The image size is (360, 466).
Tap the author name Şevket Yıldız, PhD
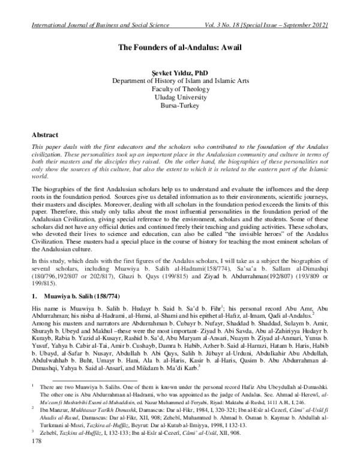(180, 71)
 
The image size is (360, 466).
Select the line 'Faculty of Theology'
(180, 88)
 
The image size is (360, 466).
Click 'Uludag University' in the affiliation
(180, 96)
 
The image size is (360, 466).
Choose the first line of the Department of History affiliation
(180, 79)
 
